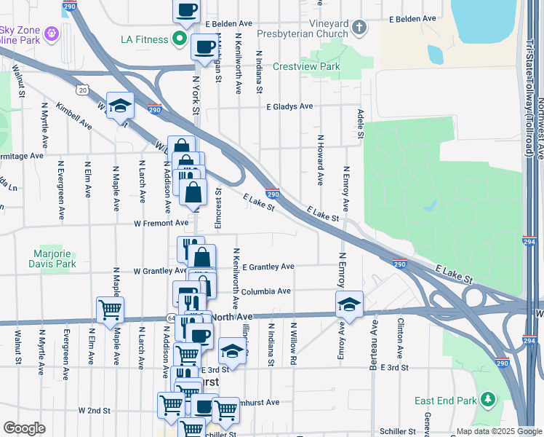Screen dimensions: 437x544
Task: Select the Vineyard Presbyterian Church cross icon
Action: click(x=357, y=28)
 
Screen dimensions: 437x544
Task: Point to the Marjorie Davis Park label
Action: click(x=55, y=259)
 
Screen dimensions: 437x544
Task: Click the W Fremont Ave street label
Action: click(x=160, y=223)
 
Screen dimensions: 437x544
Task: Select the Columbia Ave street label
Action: click(x=266, y=291)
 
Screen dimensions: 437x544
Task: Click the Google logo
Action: click(x=24, y=428)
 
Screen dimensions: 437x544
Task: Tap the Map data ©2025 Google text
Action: click(x=498, y=431)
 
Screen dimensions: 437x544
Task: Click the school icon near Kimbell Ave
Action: click(x=120, y=105)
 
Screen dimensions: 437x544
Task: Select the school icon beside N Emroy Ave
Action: click(x=349, y=304)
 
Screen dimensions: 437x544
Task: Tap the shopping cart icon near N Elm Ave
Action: click(x=110, y=309)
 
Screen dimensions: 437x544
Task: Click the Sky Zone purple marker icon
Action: click(x=51, y=32)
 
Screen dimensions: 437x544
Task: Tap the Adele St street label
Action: click(x=361, y=125)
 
